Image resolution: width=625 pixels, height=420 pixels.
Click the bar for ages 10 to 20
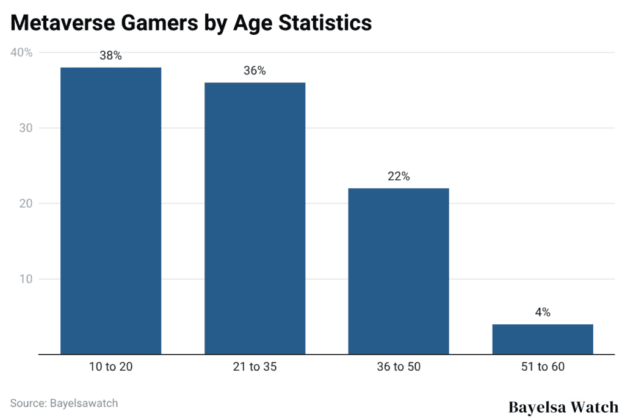point(110,210)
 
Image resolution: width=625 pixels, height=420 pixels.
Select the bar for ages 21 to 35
point(255,218)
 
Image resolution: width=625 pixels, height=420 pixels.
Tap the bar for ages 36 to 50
point(399,271)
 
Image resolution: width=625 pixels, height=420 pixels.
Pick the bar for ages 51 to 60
point(543,339)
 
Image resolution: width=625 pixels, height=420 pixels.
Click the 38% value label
point(110,56)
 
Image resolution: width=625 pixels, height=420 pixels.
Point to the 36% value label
point(255,71)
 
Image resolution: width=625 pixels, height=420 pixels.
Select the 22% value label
point(399,177)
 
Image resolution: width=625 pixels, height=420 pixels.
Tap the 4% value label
point(543,313)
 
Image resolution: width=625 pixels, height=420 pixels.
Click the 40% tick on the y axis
point(22,52)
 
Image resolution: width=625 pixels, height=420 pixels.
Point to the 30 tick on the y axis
point(26,128)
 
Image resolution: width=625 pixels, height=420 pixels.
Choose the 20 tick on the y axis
point(26,204)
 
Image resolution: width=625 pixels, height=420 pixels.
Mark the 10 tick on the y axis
point(26,279)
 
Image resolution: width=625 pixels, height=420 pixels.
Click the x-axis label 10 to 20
point(110,367)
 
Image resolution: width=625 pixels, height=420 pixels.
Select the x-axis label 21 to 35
point(255,367)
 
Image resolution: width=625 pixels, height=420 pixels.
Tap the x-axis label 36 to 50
point(399,367)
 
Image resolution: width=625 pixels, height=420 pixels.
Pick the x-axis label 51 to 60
point(543,367)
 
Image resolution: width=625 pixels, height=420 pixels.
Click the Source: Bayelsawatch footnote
point(64,403)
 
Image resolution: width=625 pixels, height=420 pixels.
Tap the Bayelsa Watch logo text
point(563,407)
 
